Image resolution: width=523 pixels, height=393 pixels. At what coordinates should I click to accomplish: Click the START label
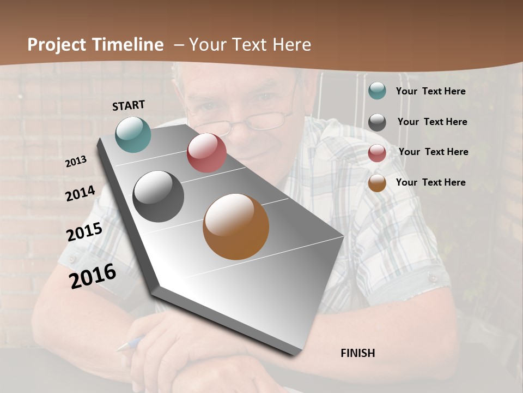(129, 105)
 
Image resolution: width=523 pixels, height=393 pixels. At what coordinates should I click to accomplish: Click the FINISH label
(357, 353)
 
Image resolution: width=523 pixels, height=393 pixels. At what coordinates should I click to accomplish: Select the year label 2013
(76, 161)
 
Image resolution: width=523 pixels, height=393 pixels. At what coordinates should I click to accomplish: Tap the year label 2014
(80, 194)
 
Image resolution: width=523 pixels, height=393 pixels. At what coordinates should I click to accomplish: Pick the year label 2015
(84, 232)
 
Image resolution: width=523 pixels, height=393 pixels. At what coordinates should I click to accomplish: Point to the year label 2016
(93, 276)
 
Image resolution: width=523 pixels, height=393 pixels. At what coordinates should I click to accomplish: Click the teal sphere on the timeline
(133, 134)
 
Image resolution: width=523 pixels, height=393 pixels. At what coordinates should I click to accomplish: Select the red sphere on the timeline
(206, 153)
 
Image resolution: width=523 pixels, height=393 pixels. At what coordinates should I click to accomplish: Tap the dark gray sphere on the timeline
(158, 196)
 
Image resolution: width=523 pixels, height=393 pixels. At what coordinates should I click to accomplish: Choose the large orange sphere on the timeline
(236, 227)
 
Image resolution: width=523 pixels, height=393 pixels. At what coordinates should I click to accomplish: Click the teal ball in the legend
(377, 91)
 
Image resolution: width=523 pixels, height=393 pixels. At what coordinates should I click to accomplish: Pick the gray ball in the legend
(377, 122)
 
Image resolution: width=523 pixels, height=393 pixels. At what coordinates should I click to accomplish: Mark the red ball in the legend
(377, 152)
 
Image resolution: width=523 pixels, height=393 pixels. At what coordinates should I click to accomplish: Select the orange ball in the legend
(377, 183)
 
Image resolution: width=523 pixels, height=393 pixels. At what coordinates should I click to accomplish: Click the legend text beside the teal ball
(430, 91)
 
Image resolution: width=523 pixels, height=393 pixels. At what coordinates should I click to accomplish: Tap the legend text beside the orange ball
(430, 182)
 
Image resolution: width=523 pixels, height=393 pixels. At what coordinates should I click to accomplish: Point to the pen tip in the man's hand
(121, 347)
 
